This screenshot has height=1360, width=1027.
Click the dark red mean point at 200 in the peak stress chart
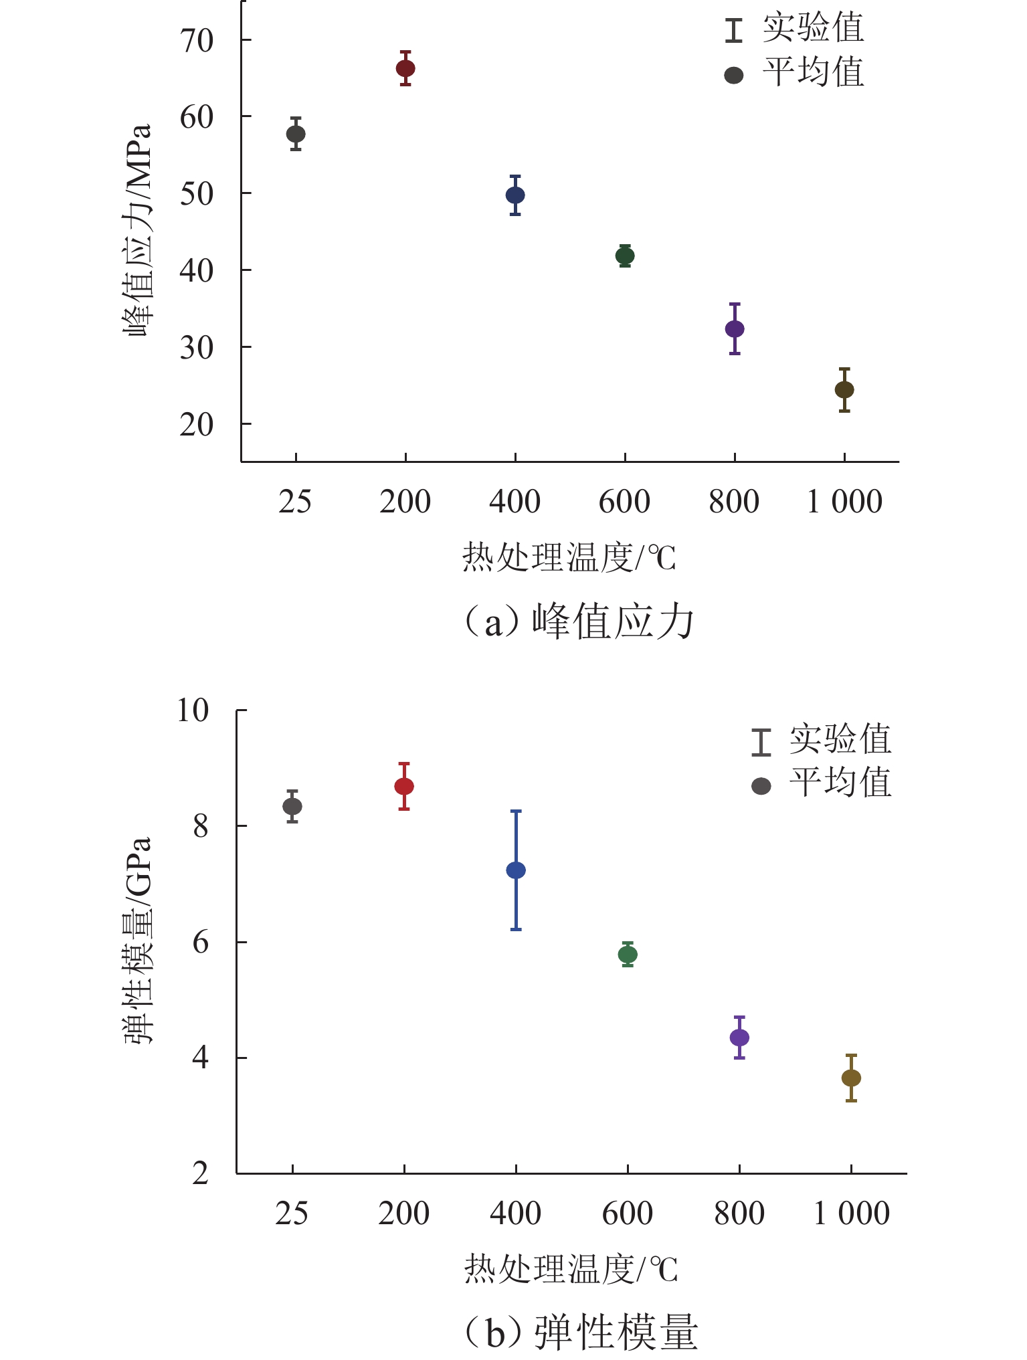[405, 68]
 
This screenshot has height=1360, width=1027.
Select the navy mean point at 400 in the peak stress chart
[515, 195]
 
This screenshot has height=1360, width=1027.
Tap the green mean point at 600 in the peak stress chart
[625, 256]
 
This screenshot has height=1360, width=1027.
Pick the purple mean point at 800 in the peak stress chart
[735, 329]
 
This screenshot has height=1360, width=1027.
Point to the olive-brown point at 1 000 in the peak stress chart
[844, 389]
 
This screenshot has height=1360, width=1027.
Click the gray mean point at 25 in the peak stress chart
[296, 134]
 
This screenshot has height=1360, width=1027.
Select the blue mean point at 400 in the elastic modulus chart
[516, 870]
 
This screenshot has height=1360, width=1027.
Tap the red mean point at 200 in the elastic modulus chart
[404, 786]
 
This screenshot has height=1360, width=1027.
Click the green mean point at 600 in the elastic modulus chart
[628, 954]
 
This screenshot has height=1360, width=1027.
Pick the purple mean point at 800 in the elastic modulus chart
[739, 1038]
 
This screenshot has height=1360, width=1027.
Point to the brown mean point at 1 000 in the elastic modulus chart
[851, 1078]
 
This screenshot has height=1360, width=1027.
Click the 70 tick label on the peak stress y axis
[196, 41]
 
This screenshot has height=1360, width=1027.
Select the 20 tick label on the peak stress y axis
[196, 425]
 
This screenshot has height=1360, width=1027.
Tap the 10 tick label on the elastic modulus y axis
[193, 710]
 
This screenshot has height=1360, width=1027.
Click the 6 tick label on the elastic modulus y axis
[201, 943]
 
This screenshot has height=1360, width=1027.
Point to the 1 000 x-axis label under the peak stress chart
[844, 502]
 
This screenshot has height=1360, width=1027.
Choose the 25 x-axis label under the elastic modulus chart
[292, 1213]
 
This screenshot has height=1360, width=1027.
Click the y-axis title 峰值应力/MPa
[138, 231]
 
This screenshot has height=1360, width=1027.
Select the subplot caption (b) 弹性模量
[581, 1331]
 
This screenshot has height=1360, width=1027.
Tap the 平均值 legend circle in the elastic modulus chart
[761, 786]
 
